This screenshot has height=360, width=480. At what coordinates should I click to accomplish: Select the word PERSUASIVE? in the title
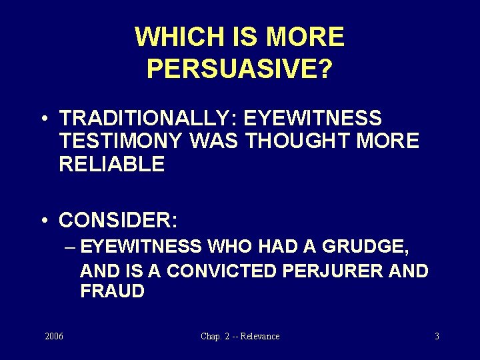click(x=239, y=69)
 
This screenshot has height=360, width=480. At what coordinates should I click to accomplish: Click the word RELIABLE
click(x=111, y=164)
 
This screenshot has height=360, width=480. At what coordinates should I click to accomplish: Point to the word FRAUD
click(x=112, y=291)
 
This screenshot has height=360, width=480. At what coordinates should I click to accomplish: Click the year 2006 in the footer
click(x=54, y=336)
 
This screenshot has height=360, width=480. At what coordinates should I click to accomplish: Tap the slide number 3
click(x=437, y=336)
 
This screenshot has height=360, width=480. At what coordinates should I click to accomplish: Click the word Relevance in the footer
click(x=260, y=336)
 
